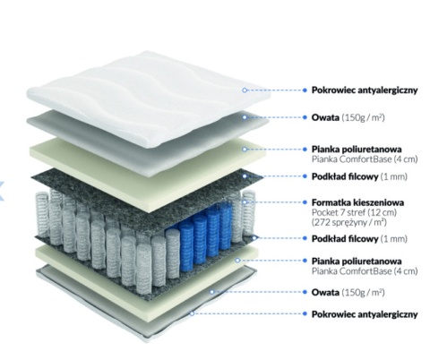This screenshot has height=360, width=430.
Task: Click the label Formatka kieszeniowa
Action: [357, 202]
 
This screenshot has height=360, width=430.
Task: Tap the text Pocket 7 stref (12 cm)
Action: [354, 212]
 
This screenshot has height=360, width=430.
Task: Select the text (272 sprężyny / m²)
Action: [349, 222]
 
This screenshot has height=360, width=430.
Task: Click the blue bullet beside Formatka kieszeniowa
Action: [305, 202]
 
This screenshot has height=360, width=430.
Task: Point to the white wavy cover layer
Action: [150, 96]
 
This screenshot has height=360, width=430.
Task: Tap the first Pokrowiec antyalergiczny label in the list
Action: [365, 90]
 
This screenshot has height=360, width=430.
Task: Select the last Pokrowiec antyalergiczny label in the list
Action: [365, 314]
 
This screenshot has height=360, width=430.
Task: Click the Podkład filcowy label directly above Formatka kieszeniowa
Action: [345, 176]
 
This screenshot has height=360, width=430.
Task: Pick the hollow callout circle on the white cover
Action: [245, 90]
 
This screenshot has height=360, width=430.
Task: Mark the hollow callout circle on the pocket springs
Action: [245, 202]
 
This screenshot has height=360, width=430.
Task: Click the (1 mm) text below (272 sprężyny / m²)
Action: [393, 238]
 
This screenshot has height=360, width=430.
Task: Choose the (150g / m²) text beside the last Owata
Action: [363, 292]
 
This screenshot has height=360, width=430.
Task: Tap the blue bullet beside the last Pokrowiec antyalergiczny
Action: [305, 313]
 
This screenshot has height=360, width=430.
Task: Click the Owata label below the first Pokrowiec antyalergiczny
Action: [325, 117]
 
